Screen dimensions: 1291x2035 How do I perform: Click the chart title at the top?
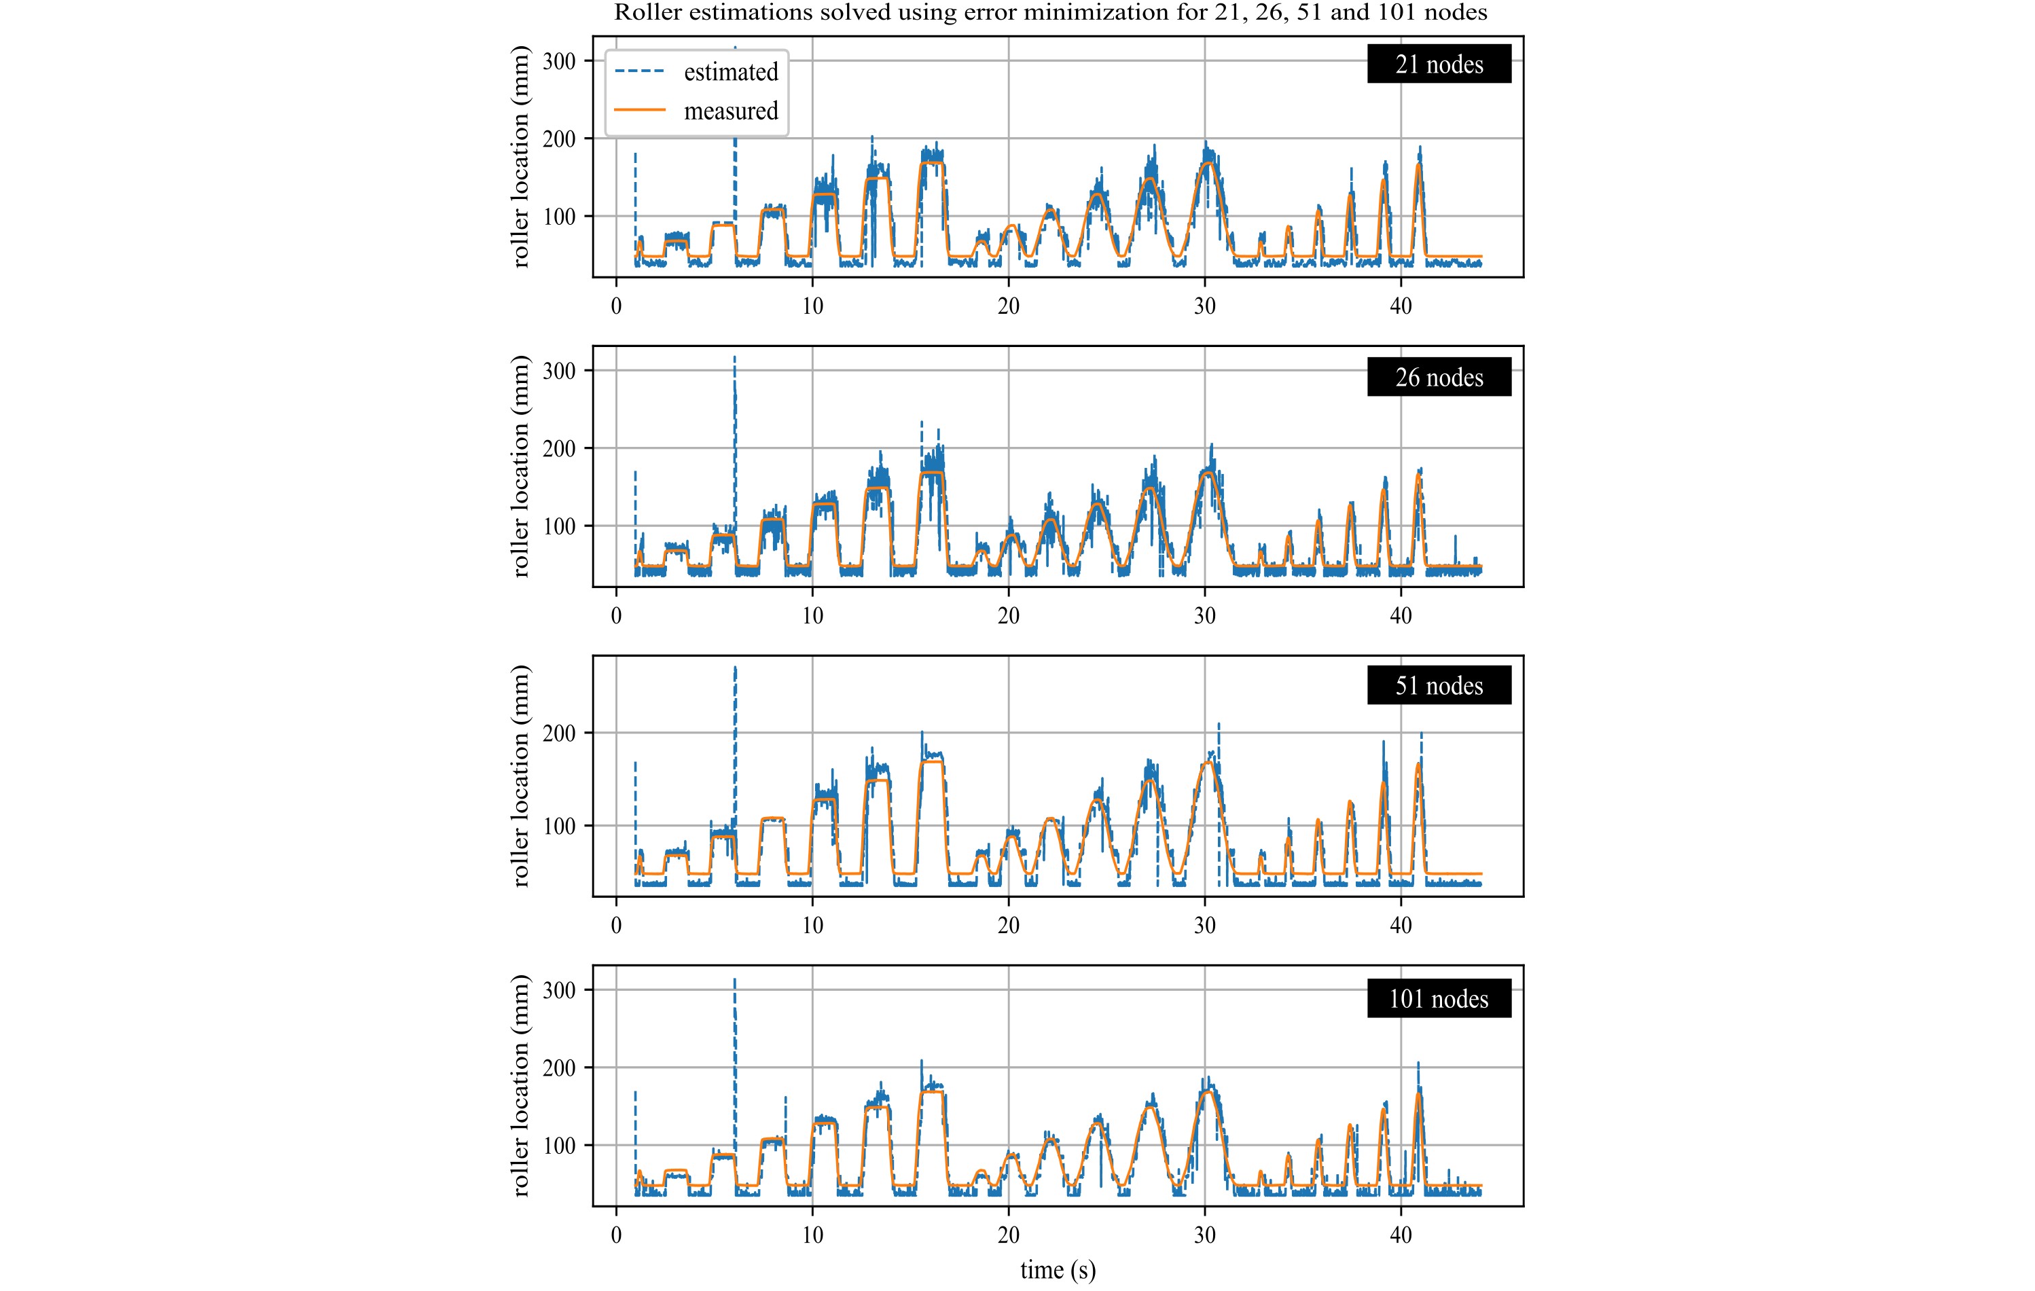point(1051,13)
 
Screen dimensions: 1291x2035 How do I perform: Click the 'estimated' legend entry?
point(730,73)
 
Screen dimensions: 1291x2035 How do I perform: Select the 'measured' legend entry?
point(730,111)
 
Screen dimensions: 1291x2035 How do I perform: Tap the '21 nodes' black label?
point(1439,65)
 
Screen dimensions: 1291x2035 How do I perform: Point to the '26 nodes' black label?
point(1439,377)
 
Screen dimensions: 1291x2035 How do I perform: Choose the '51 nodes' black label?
point(1439,685)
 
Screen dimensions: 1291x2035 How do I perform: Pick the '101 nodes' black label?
point(1439,999)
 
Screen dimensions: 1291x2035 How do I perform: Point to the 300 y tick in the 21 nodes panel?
point(558,61)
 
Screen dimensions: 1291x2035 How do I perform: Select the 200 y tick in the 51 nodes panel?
point(558,733)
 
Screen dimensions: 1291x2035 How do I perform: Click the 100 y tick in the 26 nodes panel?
point(558,526)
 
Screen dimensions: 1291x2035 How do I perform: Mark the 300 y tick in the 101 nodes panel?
point(558,990)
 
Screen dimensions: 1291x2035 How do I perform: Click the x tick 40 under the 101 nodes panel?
point(1401,1235)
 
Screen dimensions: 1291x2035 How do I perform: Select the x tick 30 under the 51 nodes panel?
point(1204,925)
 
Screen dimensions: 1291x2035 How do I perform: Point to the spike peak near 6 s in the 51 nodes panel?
point(735,668)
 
